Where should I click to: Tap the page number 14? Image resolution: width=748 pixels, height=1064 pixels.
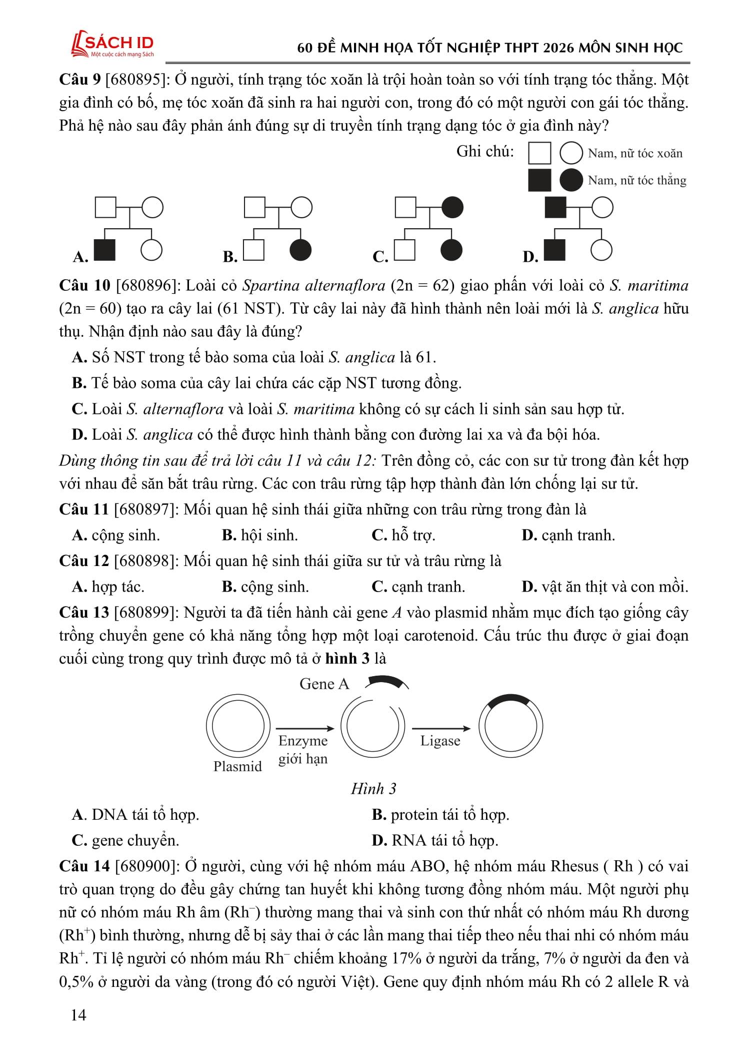78,1014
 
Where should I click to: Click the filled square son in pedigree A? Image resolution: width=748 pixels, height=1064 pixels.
104,250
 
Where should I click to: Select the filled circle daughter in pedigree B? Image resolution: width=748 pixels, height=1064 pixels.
300,250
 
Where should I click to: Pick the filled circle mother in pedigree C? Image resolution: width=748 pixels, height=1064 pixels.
452,207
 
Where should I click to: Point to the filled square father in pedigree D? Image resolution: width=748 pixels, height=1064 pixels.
555,207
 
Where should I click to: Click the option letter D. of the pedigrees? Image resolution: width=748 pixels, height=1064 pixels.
530,257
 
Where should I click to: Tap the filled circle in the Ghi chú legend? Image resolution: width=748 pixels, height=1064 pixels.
570,180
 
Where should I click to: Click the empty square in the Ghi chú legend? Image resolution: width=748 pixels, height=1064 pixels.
539,153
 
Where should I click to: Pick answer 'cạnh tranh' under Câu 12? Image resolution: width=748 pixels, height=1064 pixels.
428,587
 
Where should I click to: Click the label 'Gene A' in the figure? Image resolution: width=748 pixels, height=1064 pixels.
324,684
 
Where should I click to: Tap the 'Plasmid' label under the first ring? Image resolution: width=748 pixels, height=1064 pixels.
237,766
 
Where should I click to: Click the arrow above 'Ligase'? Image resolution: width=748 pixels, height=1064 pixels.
441,729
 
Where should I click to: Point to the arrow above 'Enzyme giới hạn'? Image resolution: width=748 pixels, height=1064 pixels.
305,729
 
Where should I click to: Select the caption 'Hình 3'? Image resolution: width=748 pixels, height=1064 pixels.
373,789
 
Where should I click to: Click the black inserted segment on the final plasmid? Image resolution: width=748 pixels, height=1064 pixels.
509,700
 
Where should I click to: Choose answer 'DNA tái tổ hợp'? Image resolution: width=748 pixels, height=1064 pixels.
145,815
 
